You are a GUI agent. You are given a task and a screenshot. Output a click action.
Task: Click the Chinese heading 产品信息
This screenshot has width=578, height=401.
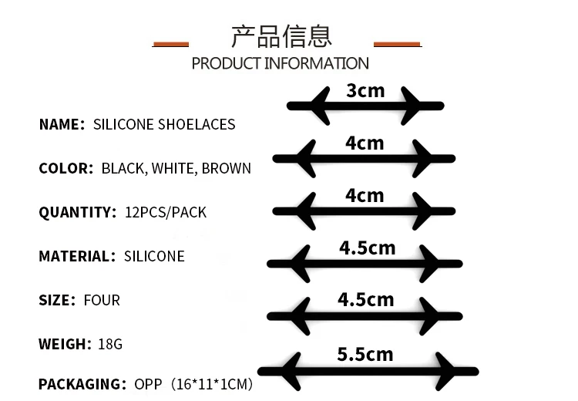[x=281, y=35]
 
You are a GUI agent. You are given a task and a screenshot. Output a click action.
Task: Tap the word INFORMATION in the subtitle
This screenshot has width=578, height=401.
[x=317, y=63]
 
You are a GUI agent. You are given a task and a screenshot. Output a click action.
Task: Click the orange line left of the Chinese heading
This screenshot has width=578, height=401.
[x=170, y=44]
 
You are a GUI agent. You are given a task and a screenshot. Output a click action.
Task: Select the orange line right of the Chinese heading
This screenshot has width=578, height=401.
[x=397, y=44]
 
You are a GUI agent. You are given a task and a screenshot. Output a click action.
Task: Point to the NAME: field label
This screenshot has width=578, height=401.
[x=62, y=124]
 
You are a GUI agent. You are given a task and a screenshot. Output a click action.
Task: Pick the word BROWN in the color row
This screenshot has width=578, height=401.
[x=226, y=168]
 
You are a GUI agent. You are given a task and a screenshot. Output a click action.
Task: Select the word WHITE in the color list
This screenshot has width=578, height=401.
[x=173, y=168]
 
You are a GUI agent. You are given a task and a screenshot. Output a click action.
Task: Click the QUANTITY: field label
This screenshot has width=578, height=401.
[x=76, y=212]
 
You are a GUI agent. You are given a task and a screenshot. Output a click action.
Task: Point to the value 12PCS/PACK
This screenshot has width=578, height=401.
[x=165, y=212]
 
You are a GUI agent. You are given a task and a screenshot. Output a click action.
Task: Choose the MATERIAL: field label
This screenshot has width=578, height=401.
[x=76, y=256]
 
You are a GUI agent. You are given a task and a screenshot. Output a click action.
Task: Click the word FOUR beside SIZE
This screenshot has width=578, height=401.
[x=102, y=300]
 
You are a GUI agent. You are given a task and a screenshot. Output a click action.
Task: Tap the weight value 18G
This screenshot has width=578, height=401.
[x=110, y=344]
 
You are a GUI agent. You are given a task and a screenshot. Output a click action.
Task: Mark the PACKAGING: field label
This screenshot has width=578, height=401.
[x=82, y=383]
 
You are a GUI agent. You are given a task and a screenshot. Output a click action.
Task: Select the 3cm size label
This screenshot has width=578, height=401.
[x=365, y=91]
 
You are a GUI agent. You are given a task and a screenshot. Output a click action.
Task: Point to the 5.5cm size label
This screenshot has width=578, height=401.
[x=365, y=355]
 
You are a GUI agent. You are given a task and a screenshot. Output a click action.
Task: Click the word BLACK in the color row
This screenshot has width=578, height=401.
[x=123, y=168]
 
